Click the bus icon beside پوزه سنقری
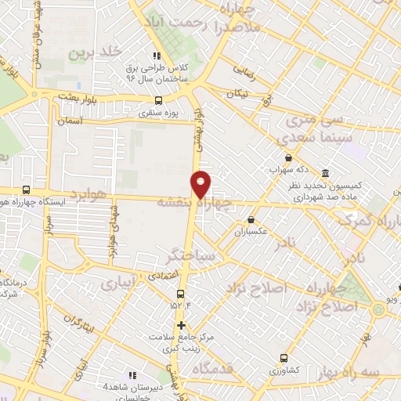160,100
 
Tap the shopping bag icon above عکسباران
251,220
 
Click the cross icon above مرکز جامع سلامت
182,325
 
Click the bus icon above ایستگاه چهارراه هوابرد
27,190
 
